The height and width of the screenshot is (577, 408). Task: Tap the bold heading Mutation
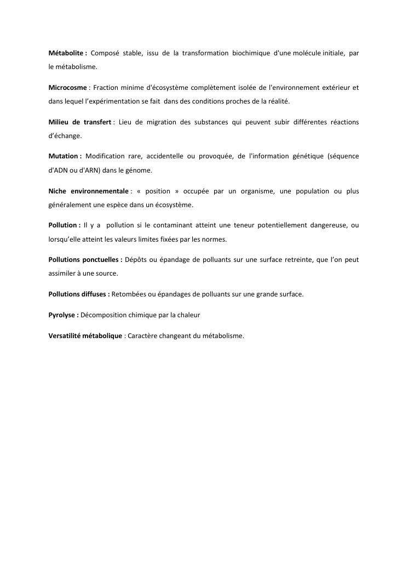click(63, 156)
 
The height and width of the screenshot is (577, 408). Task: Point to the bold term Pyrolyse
click(62, 315)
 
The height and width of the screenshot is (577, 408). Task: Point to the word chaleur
click(187, 315)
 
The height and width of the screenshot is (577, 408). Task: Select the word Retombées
click(129, 294)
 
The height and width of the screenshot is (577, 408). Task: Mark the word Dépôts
click(136, 260)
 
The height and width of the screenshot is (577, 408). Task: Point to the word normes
click(215, 239)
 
